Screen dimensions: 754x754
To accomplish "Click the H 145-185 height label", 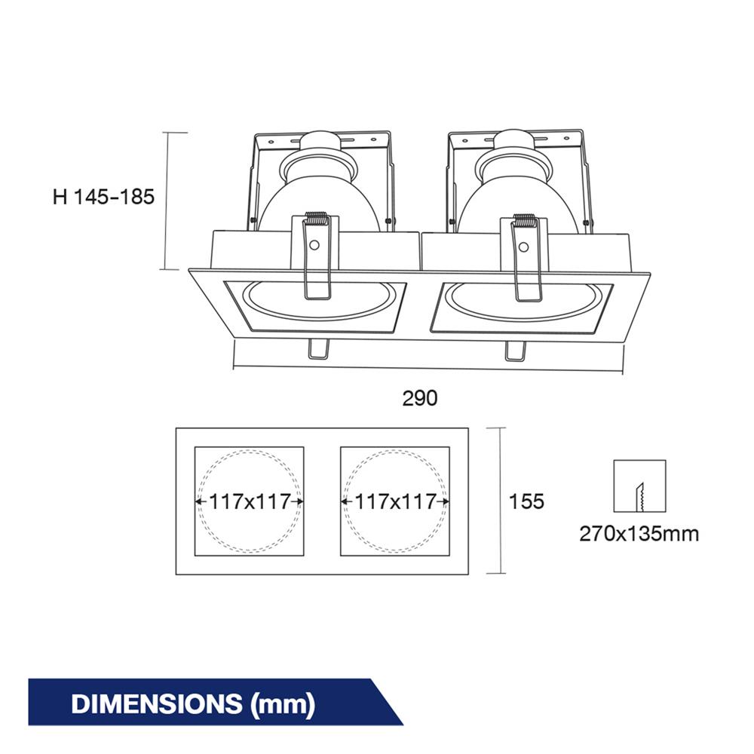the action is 103,197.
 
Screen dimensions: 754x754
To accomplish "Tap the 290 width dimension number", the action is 420,398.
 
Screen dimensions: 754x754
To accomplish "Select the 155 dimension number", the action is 526,501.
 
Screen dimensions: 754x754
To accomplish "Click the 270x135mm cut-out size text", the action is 639,534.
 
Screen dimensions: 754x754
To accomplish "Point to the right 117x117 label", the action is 395,501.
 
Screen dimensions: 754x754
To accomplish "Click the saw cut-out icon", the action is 639,486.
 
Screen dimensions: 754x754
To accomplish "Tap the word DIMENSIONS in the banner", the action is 157,703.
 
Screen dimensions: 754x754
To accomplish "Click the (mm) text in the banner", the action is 283,704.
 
